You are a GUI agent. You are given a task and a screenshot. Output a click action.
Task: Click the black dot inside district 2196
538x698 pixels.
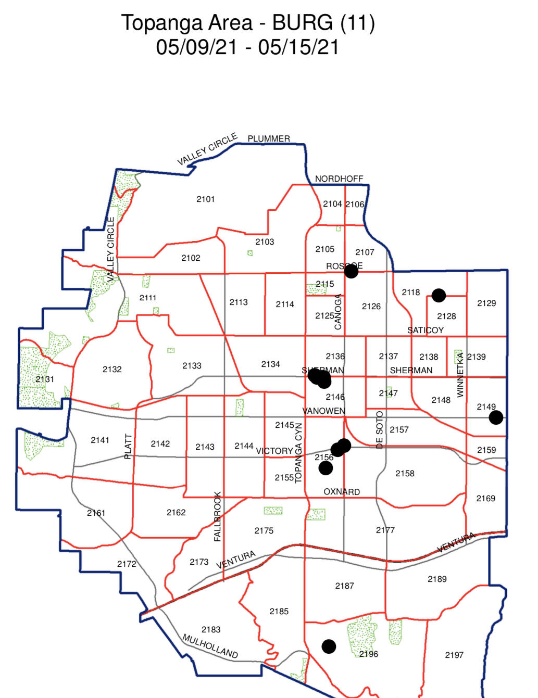pyautogui.click(x=329, y=646)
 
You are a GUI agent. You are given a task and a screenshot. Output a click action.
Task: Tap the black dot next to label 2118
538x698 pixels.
pyautogui.click(x=439, y=296)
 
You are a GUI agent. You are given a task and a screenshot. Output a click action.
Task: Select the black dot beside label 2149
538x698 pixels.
pyautogui.click(x=496, y=417)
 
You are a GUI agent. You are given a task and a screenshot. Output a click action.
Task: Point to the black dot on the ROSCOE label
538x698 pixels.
pyautogui.click(x=351, y=271)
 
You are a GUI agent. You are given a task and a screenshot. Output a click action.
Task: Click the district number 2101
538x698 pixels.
pyautogui.click(x=205, y=199)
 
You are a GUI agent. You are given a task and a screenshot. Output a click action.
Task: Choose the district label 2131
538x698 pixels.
pyautogui.click(x=45, y=379)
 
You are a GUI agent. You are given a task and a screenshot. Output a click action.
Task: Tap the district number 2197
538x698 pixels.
pyautogui.click(x=454, y=655)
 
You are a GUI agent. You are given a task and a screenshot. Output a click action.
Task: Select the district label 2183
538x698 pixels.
pyautogui.click(x=211, y=629)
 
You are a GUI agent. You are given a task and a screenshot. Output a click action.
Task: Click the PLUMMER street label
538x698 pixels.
pyautogui.click(x=269, y=138)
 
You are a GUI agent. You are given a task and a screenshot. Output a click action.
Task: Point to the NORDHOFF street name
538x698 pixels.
pyautogui.click(x=339, y=179)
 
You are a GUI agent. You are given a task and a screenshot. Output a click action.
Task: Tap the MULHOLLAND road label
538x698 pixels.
pyautogui.click(x=210, y=646)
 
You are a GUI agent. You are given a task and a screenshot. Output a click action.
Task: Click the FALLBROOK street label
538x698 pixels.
pyautogui.click(x=218, y=516)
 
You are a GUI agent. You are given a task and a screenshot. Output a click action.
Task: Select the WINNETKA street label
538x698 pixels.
pyautogui.click(x=460, y=375)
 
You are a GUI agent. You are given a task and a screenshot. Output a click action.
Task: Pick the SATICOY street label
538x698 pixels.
pyautogui.click(x=425, y=330)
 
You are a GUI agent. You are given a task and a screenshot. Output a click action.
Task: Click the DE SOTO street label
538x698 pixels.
pyautogui.click(x=379, y=430)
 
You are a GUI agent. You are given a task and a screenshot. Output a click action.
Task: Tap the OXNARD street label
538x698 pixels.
pyautogui.click(x=342, y=491)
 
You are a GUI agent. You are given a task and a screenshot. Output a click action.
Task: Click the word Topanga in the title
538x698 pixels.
pyautogui.click(x=161, y=23)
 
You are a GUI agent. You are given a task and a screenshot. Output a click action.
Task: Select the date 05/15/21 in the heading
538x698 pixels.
pyautogui.click(x=298, y=47)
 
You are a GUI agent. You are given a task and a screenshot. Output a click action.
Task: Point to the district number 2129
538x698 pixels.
pyautogui.click(x=486, y=303)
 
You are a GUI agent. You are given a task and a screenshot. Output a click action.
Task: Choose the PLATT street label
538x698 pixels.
pyautogui.click(x=128, y=446)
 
